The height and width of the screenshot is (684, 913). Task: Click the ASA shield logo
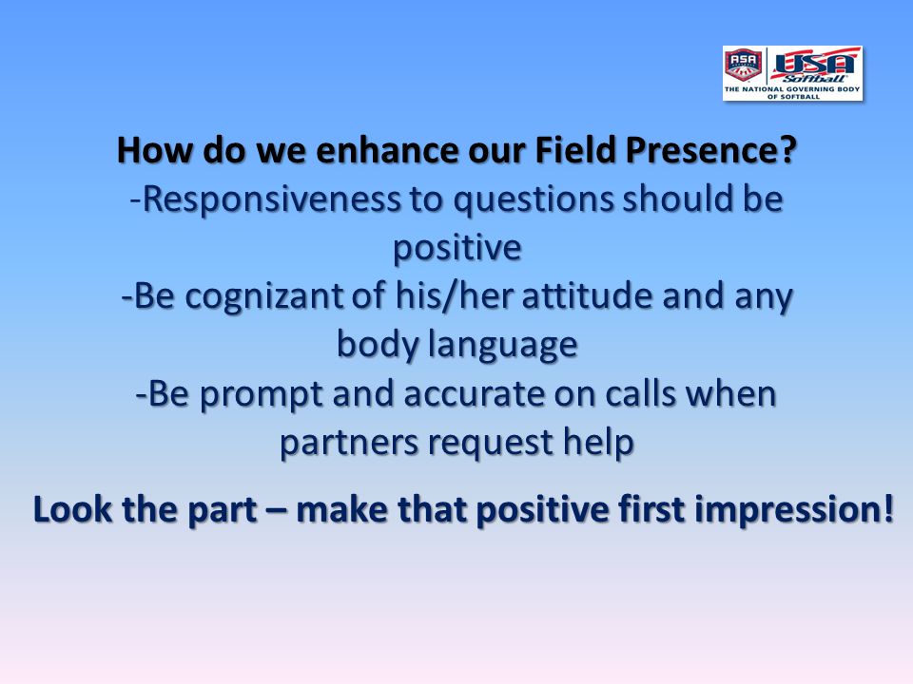tap(743, 64)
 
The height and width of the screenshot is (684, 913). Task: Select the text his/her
tap(454, 295)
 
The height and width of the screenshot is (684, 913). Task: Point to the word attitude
tap(587, 295)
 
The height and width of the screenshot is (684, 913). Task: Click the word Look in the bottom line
tap(73, 509)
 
